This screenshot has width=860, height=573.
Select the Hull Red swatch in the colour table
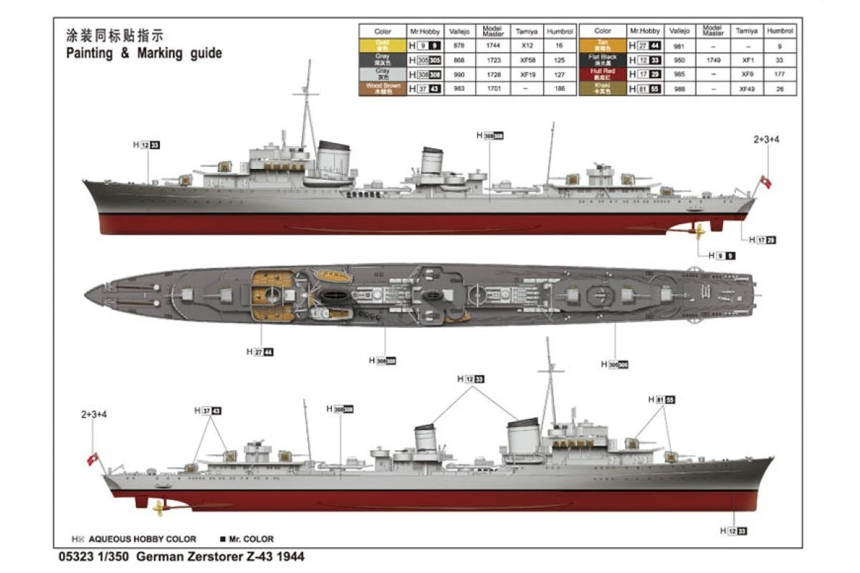point(603,72)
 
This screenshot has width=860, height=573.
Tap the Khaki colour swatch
point(603,88)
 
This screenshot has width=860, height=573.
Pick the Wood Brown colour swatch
point(383,88)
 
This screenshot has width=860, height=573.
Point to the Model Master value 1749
point(713,59)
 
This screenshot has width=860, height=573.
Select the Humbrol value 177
point(780,74)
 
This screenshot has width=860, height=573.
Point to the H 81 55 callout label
point(662,399)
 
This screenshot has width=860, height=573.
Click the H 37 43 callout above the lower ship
point(208,410)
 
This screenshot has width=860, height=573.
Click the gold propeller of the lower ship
point(159,508)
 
